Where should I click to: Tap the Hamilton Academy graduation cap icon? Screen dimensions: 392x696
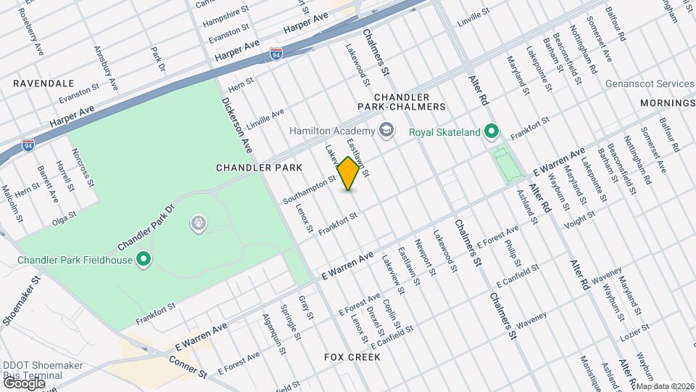click(388, 130)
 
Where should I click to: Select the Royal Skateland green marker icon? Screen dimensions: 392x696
click(492, 131)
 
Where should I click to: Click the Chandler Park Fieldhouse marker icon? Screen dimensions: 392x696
click(144, 258)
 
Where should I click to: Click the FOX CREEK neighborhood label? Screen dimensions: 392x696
click(352, 358)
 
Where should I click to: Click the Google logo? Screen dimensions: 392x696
click(24, 383)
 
